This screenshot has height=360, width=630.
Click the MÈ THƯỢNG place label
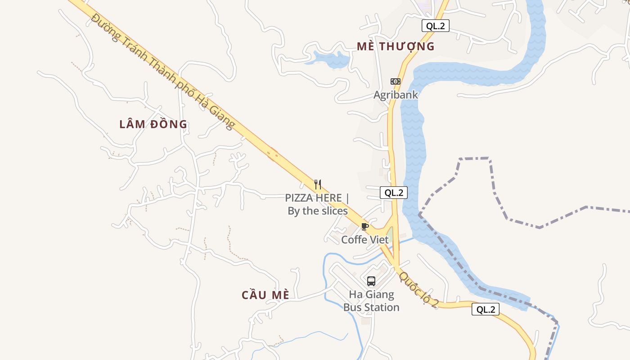pos(396,46)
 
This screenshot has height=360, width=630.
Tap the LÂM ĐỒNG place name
pos(153,124)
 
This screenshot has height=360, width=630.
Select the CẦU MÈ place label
pos(265,295)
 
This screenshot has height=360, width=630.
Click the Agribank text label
pos(396,95)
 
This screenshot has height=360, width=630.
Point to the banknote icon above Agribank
pos(395,81)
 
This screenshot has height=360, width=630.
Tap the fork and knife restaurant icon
pos(318,184)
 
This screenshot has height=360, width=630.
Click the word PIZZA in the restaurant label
pos(300,198)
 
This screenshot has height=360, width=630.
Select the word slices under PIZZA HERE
pos(333,211)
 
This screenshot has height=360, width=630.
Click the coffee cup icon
pos(365,226)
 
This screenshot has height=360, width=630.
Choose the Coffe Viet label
pos(364,239)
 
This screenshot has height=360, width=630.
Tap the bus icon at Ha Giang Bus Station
pos(371,281)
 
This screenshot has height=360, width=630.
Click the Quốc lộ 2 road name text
pos(418,290)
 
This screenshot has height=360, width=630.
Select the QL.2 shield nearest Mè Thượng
pos(435,26)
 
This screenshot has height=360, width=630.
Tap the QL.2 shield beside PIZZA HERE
pos(393,193)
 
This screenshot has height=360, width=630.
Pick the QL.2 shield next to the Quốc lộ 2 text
pos(485,309)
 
